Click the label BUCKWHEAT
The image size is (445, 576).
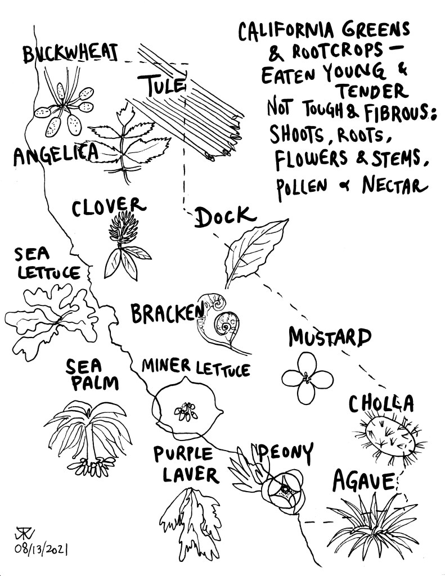click(x=70, y=53)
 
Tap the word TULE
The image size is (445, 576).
click(x=161, y=85)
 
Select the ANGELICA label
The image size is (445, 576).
click(x=56, y=154)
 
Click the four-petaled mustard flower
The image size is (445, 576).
click(x=307, y=378)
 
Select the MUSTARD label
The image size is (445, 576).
click(x=330, y=337)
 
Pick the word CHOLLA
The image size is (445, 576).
click(x=381, y=404)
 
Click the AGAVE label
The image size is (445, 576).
click(x=363, y=481)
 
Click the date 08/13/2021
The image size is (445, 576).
click(x=41, y=549)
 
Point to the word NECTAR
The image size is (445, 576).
click(x=395, y=186)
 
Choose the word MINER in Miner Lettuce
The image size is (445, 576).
click(x=166, y=366)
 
